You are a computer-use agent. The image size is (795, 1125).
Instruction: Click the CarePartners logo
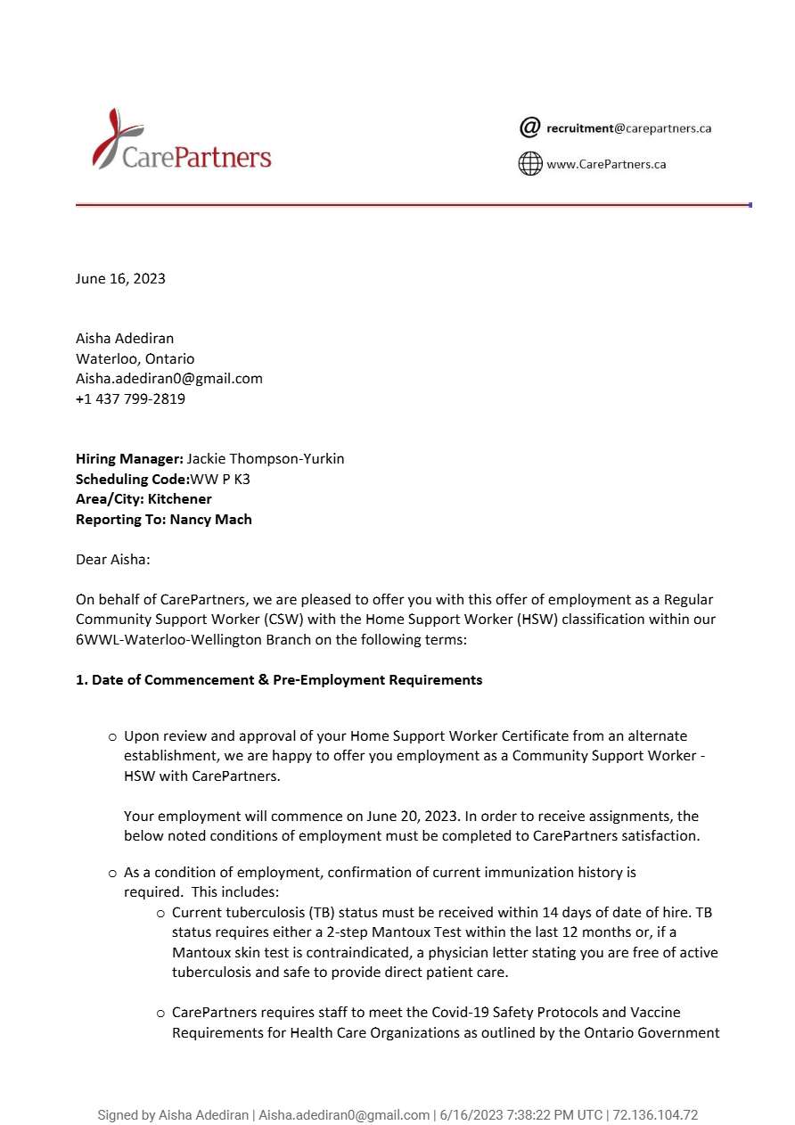(x=182, y=141)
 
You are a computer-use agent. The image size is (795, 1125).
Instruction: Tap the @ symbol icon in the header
(x=529, y=127)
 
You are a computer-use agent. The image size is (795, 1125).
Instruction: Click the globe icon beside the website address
(x=530, y=164)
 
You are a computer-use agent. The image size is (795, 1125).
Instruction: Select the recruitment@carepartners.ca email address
(x=628, y=128)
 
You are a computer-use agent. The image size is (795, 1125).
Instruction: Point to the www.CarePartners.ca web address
(x=606, y=164)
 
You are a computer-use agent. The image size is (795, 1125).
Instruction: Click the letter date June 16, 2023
(x=120, y=278)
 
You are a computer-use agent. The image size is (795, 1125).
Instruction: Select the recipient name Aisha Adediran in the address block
(x=125, y=338)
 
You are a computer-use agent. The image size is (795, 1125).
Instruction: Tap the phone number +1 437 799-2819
(x=130, y=398)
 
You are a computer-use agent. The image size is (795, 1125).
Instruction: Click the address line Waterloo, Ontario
(x=135, y=358)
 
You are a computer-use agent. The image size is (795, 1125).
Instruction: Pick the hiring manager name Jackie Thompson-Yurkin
(x=265, y=459)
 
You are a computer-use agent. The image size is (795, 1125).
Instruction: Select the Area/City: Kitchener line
(x=143, y=499)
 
